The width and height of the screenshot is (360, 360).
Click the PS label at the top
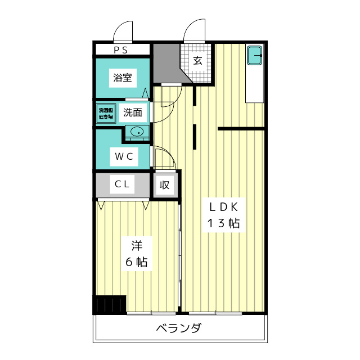121,50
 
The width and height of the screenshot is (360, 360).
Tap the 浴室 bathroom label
123,78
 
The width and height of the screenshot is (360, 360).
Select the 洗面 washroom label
135,112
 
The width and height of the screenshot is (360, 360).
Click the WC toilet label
124,157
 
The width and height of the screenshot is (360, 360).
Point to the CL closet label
123,184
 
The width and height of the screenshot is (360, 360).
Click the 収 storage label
164,184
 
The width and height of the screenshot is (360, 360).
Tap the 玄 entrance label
198,60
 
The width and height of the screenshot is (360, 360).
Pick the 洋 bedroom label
137,245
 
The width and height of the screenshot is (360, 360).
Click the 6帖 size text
136,262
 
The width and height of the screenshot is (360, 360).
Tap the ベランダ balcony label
178,328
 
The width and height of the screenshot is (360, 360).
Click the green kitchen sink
255,56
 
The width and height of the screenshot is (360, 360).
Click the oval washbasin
137,132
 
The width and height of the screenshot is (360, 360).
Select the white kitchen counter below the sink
255,84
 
